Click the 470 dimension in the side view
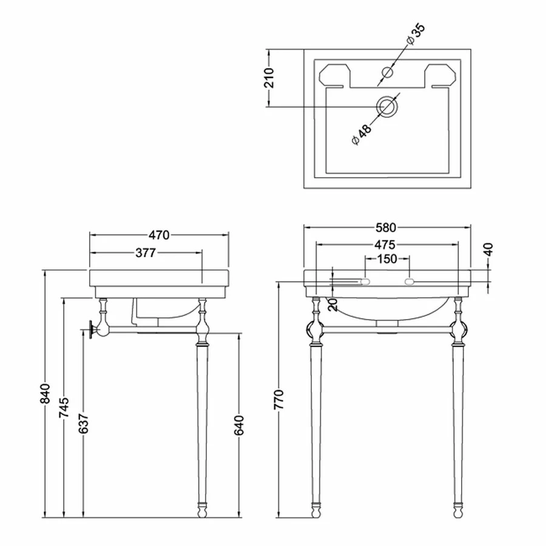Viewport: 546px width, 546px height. coord(159,234)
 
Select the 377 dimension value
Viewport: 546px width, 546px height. coord(145,253)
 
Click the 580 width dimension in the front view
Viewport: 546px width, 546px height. coord(386,228)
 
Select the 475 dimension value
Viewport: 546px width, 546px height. coord(385,244)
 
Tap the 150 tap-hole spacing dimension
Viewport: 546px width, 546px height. coord(386,259)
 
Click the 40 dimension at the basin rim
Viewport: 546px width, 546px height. coord(489,249)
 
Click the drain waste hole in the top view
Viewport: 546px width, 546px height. coord(386,107)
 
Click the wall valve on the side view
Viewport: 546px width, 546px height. coord(91,329)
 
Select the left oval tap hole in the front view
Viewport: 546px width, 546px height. coord(365,281)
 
